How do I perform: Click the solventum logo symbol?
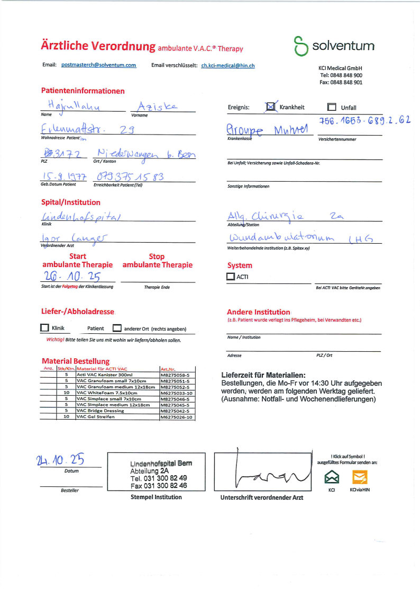pos(300,46)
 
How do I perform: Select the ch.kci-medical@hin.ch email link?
pos(228,66)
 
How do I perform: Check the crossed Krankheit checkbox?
pos(271,107)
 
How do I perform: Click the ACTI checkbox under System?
pos(231,276)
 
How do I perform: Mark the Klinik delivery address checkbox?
pos(45,328)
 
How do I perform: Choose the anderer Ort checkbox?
pos(117,328)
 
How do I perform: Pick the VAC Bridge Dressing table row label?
pos(100,411)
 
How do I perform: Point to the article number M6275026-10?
pos(176,417)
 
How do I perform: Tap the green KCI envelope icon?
pos(332,477)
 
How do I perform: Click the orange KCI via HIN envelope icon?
pos(360,477)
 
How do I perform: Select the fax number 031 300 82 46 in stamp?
pos(159,485)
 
